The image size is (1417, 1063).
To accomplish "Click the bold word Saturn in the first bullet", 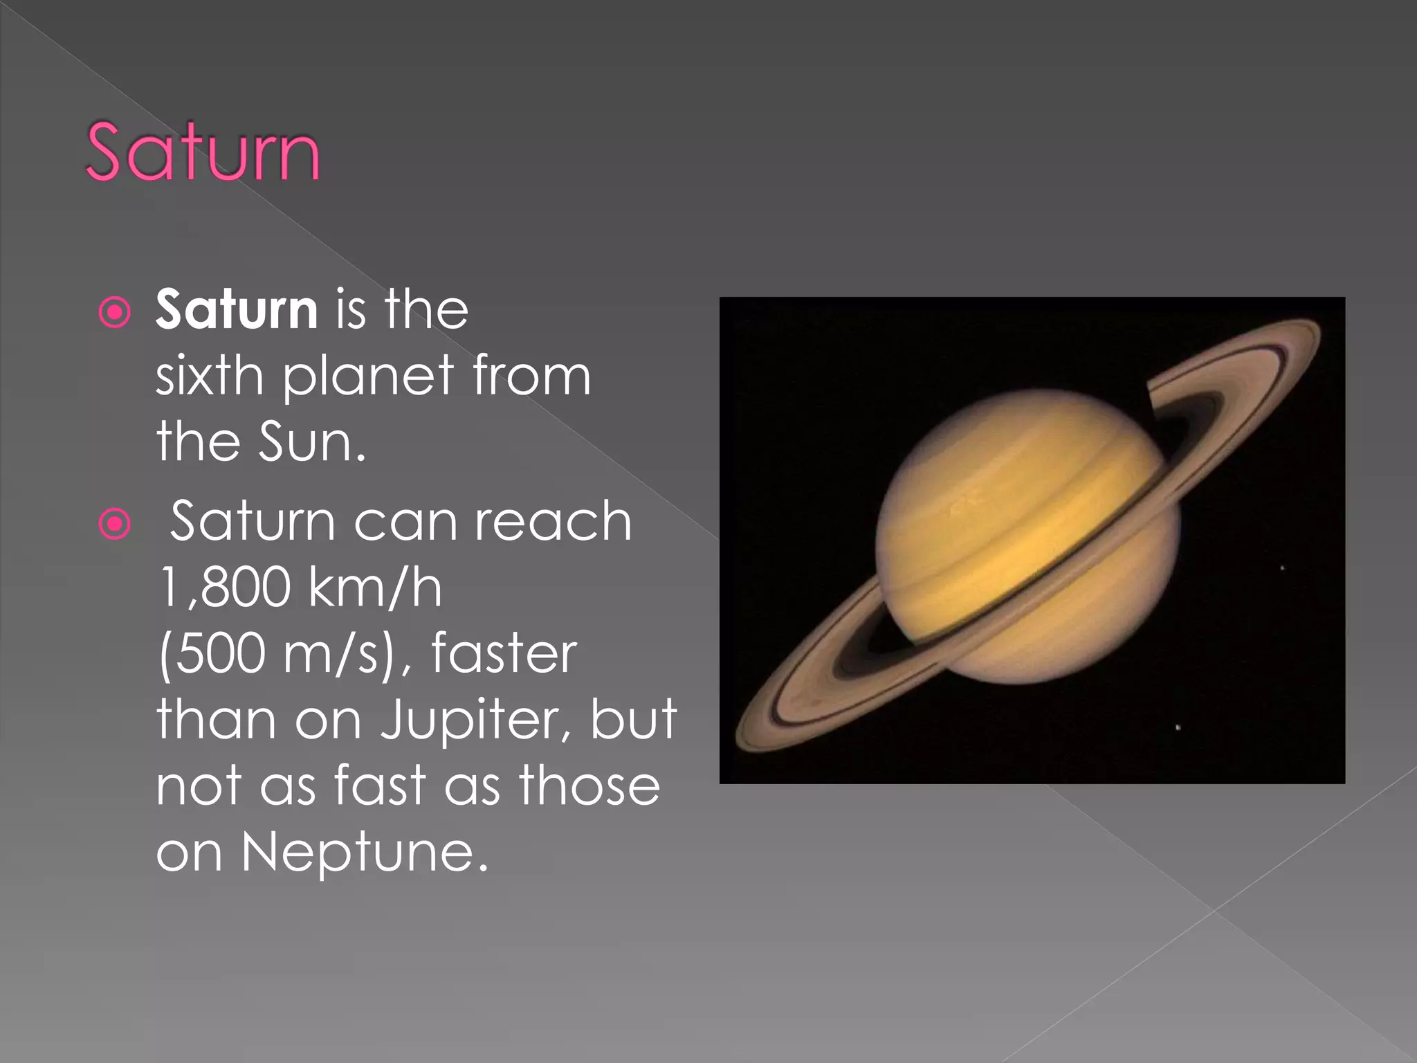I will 237,309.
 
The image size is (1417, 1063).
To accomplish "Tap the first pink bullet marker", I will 115,312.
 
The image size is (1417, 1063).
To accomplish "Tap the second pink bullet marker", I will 115,524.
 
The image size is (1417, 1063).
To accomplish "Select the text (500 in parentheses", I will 212,654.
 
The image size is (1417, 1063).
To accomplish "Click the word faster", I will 504,654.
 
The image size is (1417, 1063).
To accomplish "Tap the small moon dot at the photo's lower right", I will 1178,727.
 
